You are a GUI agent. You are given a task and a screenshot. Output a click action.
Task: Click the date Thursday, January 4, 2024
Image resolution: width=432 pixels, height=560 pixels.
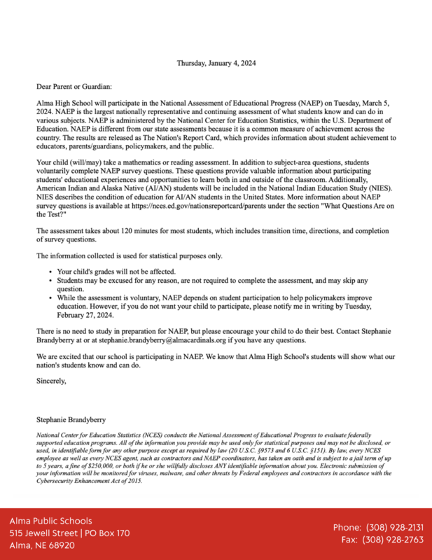coord(216,63)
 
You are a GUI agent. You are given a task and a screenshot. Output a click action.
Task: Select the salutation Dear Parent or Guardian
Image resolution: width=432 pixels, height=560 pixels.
coord(74,87)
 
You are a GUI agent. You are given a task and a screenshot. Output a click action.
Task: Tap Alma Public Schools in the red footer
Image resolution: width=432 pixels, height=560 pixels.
coord(50,521)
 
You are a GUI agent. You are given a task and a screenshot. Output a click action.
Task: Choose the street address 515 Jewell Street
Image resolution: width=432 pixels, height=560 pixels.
coord(43,533)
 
